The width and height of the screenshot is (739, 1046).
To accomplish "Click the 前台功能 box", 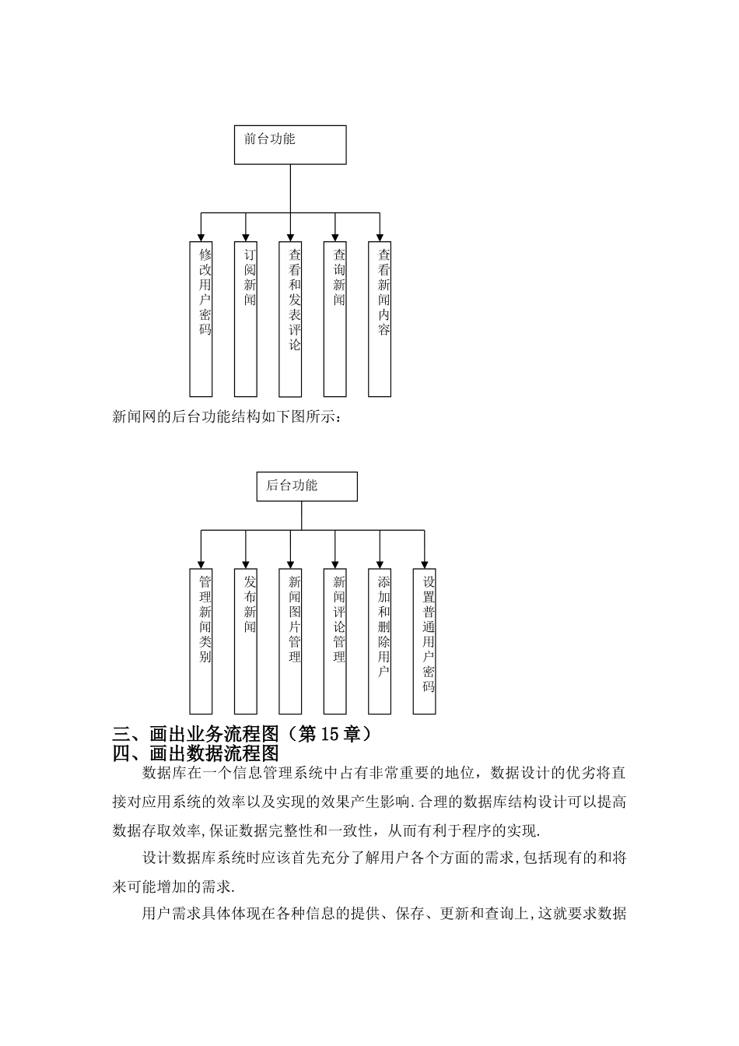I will click(x=290, y=145).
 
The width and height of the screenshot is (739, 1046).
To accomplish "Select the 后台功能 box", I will click(x=306, y=486).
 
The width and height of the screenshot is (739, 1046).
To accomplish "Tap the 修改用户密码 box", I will click(x=201, y=318).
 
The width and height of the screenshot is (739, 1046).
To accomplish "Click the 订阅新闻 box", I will click(x=246, y=318).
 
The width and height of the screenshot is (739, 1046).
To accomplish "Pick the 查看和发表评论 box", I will click(x=290, y=318).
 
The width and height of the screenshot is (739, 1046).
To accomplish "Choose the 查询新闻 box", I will click(x=335, y=318).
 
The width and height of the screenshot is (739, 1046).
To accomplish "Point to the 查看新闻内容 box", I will click(x=380, y=318).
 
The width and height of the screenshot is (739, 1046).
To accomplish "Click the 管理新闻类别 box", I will click(x=201, y=641).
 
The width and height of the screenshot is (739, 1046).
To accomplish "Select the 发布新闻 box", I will click(x=246, y=641).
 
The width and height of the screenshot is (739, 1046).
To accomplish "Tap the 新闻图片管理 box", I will click(x=290, y=641).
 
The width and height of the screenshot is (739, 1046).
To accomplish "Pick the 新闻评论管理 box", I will click(x=335, y=641).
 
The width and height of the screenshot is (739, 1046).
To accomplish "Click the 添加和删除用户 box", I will click(x=380, y=641).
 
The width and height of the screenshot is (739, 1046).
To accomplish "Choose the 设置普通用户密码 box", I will click(x=425, y=641).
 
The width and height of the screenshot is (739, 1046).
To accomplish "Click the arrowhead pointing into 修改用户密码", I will click(x=201, y=237).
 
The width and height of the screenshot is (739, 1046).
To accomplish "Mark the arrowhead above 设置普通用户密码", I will click(x=425, y=563).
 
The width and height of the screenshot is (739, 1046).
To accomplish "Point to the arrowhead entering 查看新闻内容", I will click(x=380, y=237).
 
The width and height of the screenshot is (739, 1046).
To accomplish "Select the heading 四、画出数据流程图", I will click(x=195, y=753).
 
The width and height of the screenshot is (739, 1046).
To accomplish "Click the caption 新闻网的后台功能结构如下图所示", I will click(x=227, y=417).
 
